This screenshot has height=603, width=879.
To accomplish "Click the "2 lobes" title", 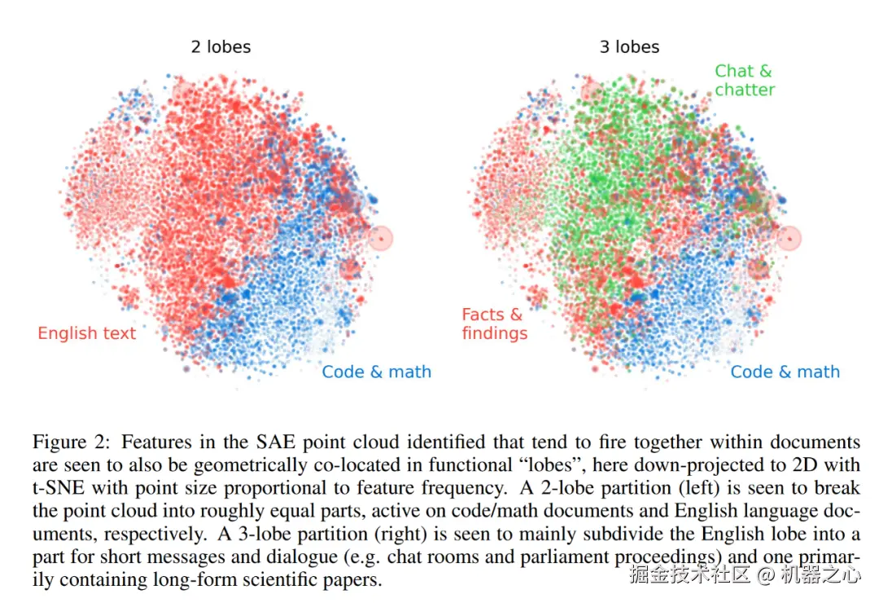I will (221, 46).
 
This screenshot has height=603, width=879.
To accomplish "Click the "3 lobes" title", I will (629, 46).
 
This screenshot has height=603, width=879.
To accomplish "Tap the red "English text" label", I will (87, 332).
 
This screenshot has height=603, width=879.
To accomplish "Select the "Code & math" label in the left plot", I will (376, 372).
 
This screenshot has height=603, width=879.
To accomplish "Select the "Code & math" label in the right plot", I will (785, 372).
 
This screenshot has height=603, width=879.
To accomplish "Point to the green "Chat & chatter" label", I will (744, 81).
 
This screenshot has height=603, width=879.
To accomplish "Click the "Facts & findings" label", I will (494, 324).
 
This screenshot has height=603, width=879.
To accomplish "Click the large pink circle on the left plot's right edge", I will (380, 238).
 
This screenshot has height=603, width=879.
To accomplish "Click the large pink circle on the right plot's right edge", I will (789, 238).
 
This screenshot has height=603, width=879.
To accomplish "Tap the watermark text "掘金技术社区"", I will (689, 574).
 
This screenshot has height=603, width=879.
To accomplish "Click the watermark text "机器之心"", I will (820, 574).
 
